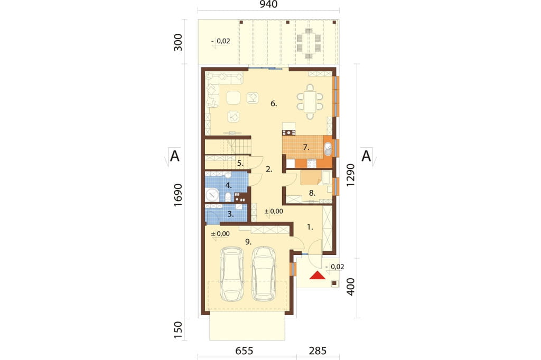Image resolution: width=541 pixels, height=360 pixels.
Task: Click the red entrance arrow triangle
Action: coord(317,275)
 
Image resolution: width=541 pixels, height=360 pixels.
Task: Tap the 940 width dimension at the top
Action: coord(268,4)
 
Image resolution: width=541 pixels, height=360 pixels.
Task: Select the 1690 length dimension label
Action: coord(178,195)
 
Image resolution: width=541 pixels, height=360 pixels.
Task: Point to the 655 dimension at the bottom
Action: coord(244,351)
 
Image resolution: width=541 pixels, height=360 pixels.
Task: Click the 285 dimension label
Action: coord(318,351)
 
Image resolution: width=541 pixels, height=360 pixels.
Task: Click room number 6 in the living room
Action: coord(274,103)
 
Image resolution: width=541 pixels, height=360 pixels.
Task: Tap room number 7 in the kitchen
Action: coord(306,148)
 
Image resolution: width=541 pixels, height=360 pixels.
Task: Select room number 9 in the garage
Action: coord(248,242)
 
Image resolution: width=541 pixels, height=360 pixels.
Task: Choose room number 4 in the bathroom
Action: coord(228,185)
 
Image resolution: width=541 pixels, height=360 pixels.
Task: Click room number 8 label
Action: coord(312,193)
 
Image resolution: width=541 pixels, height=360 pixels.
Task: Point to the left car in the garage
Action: coord(232,274)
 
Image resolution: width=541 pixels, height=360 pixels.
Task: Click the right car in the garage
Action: coord(265,274)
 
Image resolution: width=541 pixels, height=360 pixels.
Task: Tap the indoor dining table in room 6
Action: coord(310,102)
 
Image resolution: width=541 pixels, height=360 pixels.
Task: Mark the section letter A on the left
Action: coord(175,156)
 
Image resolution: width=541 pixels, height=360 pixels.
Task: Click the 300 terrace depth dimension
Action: coord(178,42)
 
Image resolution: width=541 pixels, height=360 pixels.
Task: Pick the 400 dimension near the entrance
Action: coord(351,287)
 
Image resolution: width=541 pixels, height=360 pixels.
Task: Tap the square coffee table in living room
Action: coord(234,98)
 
